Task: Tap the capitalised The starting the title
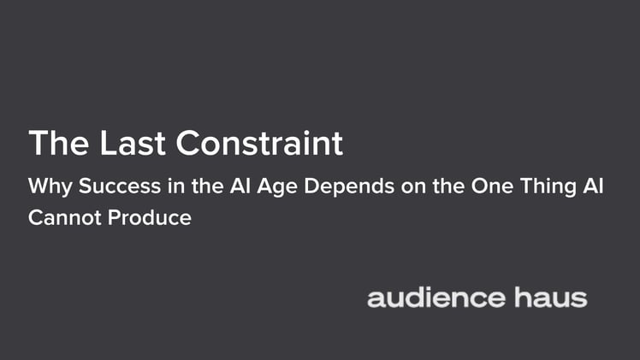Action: pos(56,143)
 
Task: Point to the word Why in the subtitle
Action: pos(44,187)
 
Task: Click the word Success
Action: pos(104,187)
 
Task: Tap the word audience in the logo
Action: pos(436,298)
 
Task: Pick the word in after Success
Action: pos(157,187)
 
